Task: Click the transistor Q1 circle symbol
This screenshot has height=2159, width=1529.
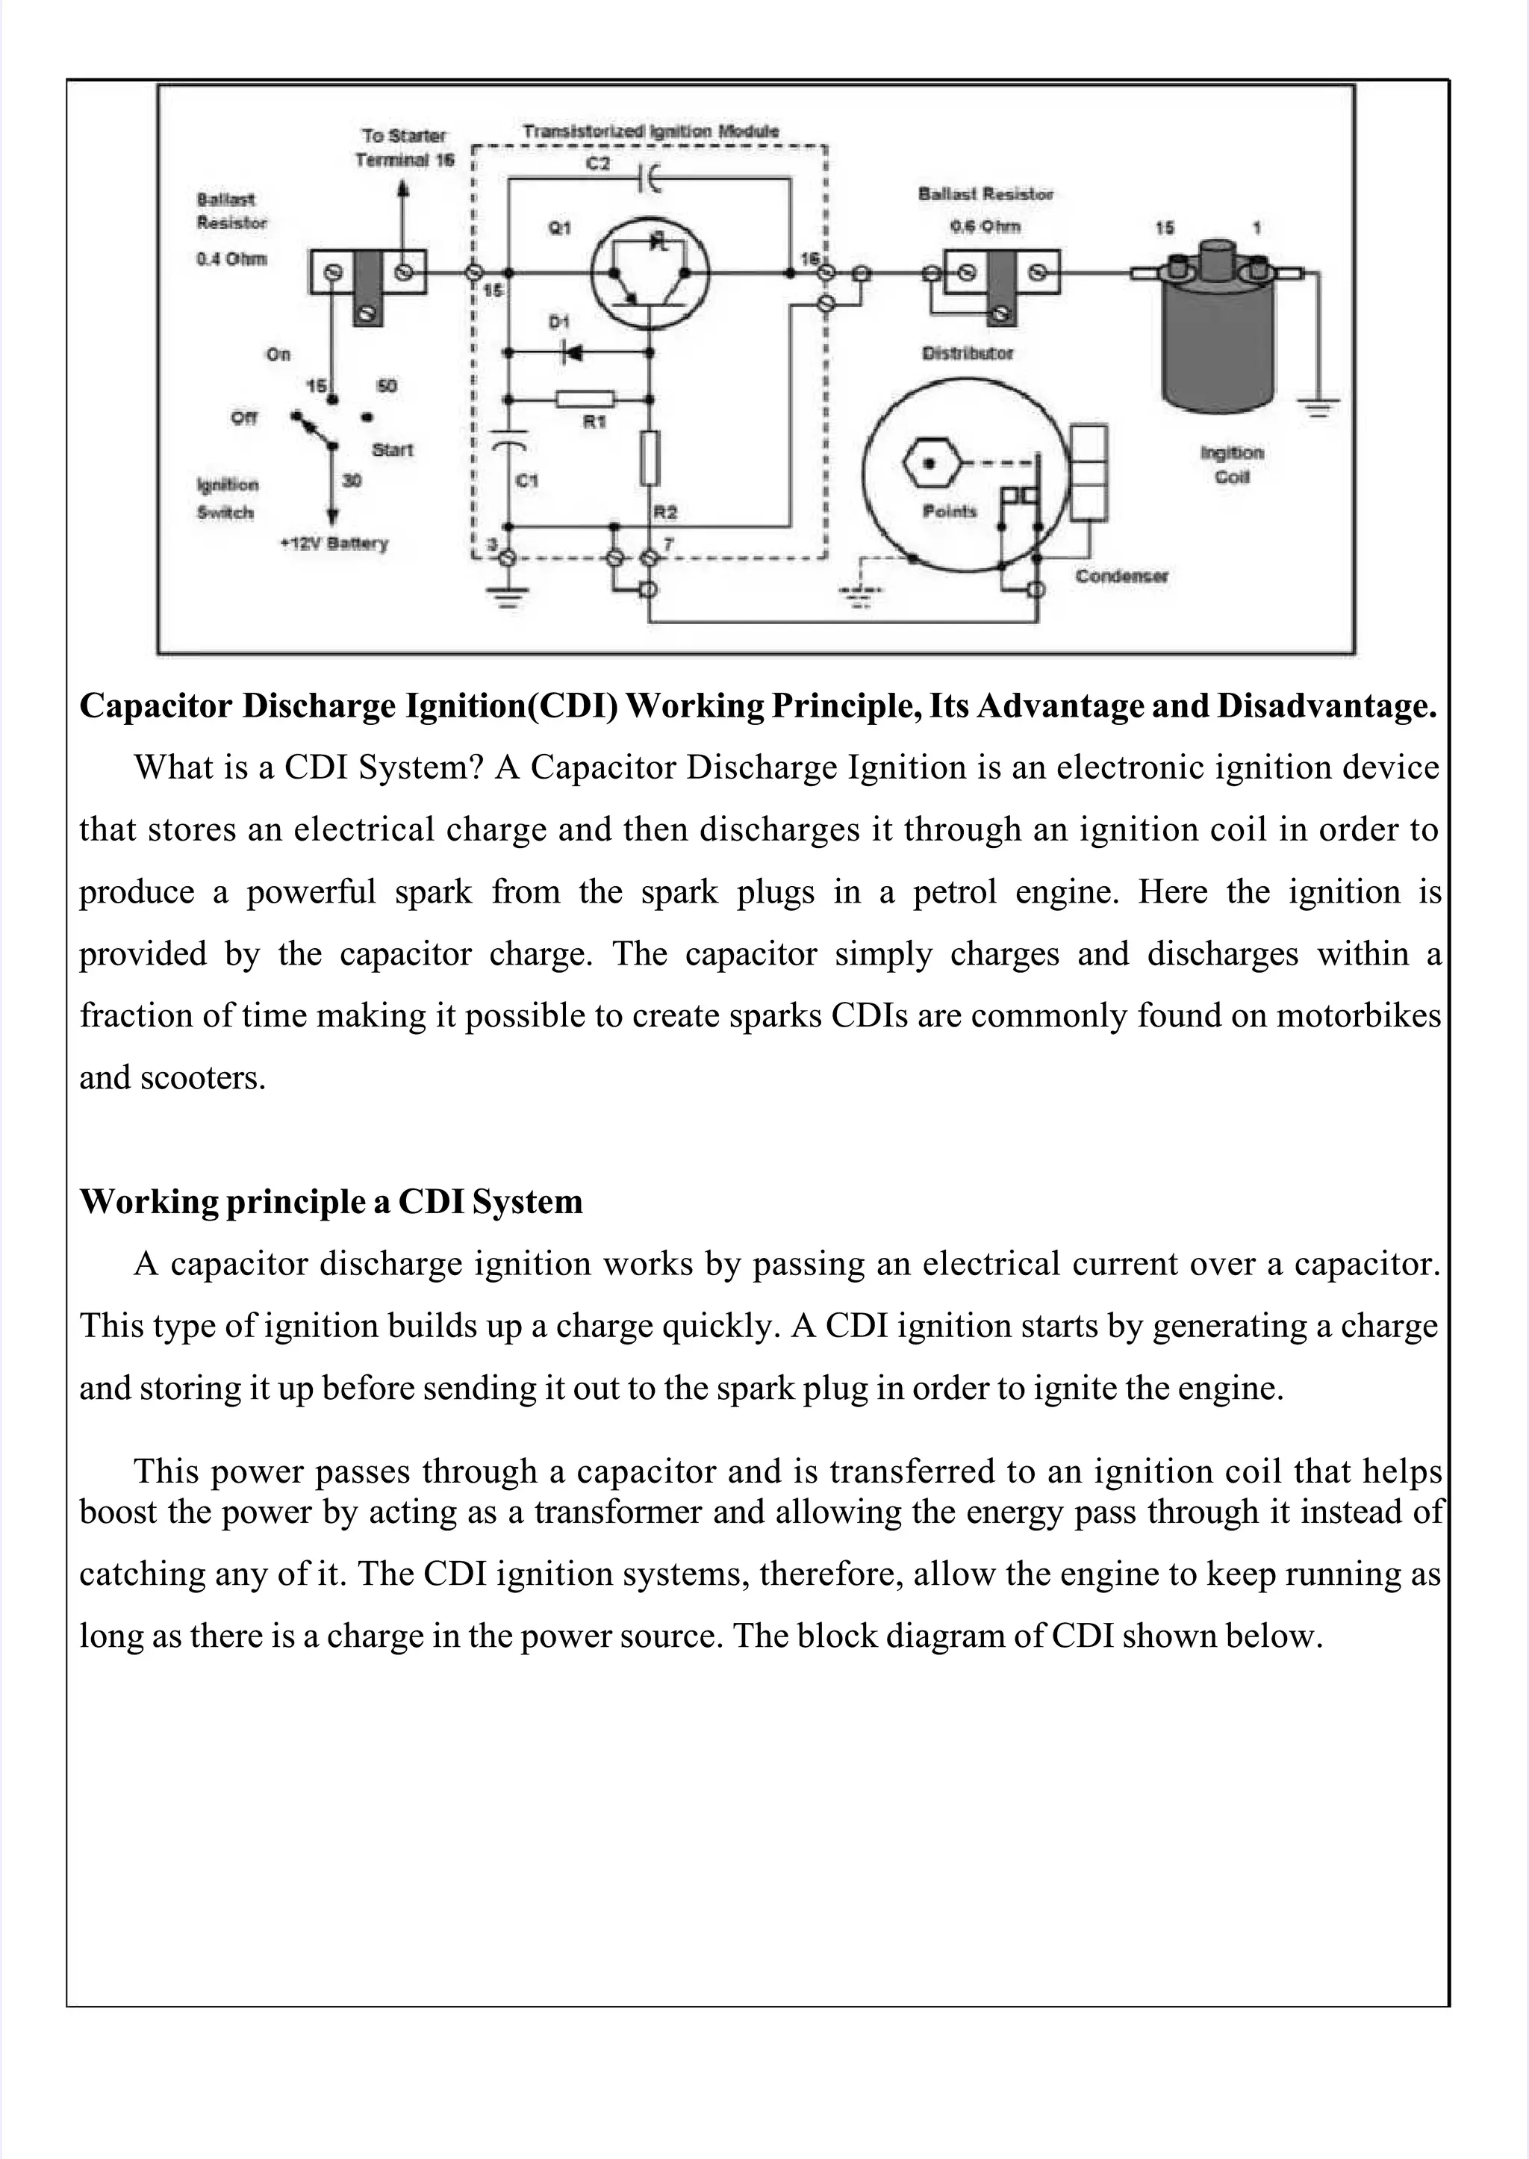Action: coord(650,273)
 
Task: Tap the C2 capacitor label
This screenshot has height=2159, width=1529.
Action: coord(598,163)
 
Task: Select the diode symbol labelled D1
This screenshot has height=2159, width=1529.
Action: coord(571,353)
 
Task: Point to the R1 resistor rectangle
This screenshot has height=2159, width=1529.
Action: coord(585,399)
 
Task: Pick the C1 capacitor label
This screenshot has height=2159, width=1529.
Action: coord(527,481)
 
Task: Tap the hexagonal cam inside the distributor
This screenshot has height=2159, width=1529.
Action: coord(929,464)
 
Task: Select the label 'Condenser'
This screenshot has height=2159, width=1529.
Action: coord(1121,576)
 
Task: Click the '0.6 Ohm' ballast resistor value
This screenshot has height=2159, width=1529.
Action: coord(985,227)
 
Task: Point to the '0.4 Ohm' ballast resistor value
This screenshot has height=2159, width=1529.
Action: coord(231,259)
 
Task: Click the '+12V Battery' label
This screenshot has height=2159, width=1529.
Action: coord(334,544)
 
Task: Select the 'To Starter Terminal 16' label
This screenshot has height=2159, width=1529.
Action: coord(404,148)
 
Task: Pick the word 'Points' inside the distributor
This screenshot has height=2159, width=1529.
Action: coord(949,511)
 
